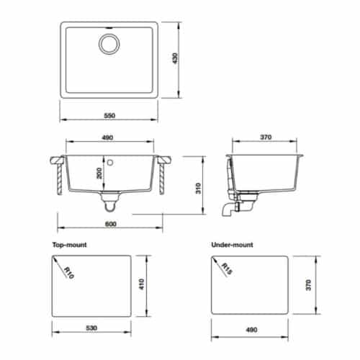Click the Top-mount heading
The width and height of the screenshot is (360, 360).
pyautogui.click(x=70, y=245)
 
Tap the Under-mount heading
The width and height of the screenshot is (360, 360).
pyautogui.click(x=234, y=245)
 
